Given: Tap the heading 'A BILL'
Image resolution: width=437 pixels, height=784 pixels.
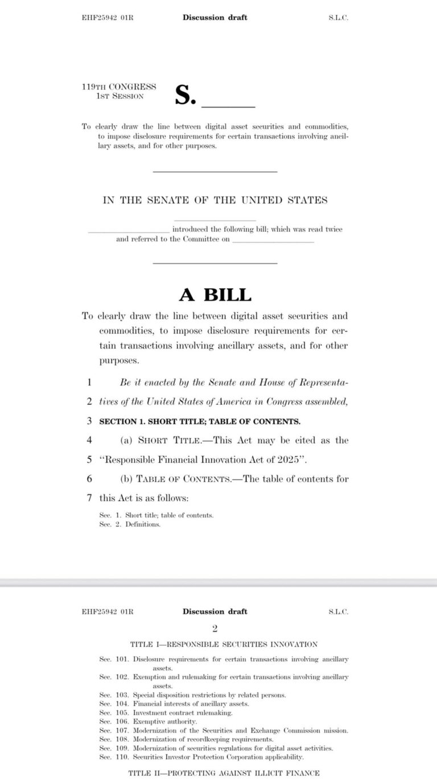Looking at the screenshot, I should tap(215, 295).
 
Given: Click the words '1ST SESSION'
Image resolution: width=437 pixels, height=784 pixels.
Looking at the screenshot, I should tap(120, 96).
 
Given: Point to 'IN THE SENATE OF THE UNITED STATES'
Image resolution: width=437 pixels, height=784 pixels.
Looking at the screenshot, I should tap(215, 200).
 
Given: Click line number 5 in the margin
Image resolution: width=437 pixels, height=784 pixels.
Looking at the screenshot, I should tap(89, 459).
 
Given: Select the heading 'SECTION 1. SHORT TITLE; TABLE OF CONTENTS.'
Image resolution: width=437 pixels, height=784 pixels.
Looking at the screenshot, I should tap(200, 421).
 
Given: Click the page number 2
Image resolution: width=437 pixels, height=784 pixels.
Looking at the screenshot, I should tap(215, 629).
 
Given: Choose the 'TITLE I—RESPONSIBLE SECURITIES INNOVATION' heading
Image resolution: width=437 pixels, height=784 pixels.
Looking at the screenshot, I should tap(224, 645).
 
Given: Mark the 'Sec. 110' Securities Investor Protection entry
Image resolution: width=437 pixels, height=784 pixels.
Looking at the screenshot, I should tap(202, 757).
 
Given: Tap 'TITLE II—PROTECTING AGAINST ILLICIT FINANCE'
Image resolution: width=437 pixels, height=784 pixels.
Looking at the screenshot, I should tap(224, 773).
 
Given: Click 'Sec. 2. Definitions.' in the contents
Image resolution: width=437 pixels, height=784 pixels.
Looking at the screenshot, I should tap(130, 524).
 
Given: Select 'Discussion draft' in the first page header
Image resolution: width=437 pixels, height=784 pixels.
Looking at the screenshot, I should tap(215, 18).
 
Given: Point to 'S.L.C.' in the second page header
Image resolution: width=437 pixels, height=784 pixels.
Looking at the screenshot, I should tap(338, 611).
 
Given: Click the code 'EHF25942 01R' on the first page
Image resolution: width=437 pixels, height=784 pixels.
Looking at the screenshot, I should tap(108, 18).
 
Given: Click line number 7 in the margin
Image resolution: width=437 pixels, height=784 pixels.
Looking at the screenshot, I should tap(89, 498).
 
